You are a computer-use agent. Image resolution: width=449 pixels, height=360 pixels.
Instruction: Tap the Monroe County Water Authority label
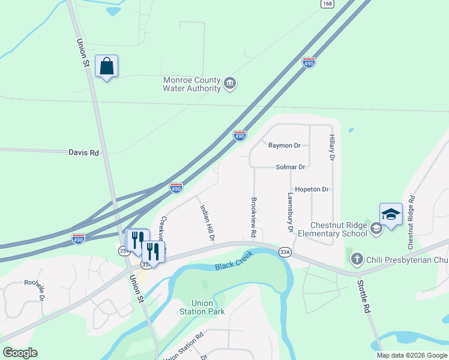point(192,84)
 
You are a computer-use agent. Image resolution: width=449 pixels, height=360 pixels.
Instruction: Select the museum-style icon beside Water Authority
point(229,84)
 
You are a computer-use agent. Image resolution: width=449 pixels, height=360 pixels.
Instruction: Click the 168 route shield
point(327,4)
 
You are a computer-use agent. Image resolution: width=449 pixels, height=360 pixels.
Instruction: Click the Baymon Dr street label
point(284,145)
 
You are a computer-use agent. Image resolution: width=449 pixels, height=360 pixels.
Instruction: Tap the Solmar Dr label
point(291,167)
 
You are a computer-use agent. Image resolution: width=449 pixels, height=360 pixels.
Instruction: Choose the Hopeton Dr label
point(312,189)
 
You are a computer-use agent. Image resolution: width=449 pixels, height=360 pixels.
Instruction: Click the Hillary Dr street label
point(331,148)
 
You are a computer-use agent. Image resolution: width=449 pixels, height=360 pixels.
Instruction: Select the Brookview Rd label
point(254,215)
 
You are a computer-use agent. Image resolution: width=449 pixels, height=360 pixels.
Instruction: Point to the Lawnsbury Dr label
point(289,212)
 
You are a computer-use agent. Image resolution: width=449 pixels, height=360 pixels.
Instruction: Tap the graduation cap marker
point(390,215)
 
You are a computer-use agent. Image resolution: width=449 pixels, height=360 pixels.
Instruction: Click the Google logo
point(20,353)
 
